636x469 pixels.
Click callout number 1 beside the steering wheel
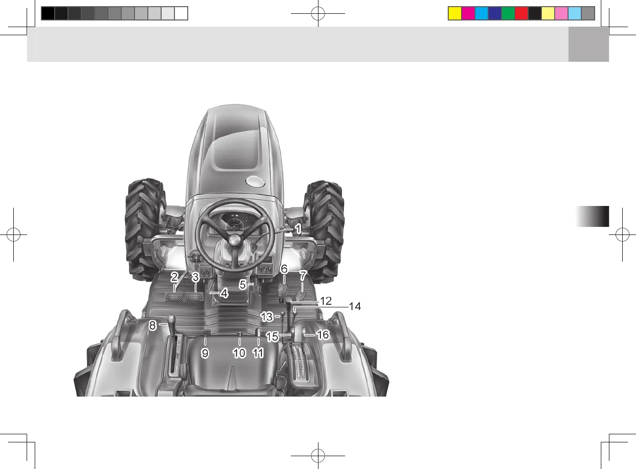click(298, 229)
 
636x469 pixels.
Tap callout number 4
click(224, 293)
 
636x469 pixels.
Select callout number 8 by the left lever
click(153, 325)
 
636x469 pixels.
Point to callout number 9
click(205, 353)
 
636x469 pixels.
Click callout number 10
click(239, 353)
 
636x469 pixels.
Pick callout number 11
click(258, 353)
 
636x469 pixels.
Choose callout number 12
click(326, 301)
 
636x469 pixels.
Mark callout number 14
click(355, 306)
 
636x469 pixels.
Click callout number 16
click(323, 335)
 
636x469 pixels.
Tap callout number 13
click(267, 316)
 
